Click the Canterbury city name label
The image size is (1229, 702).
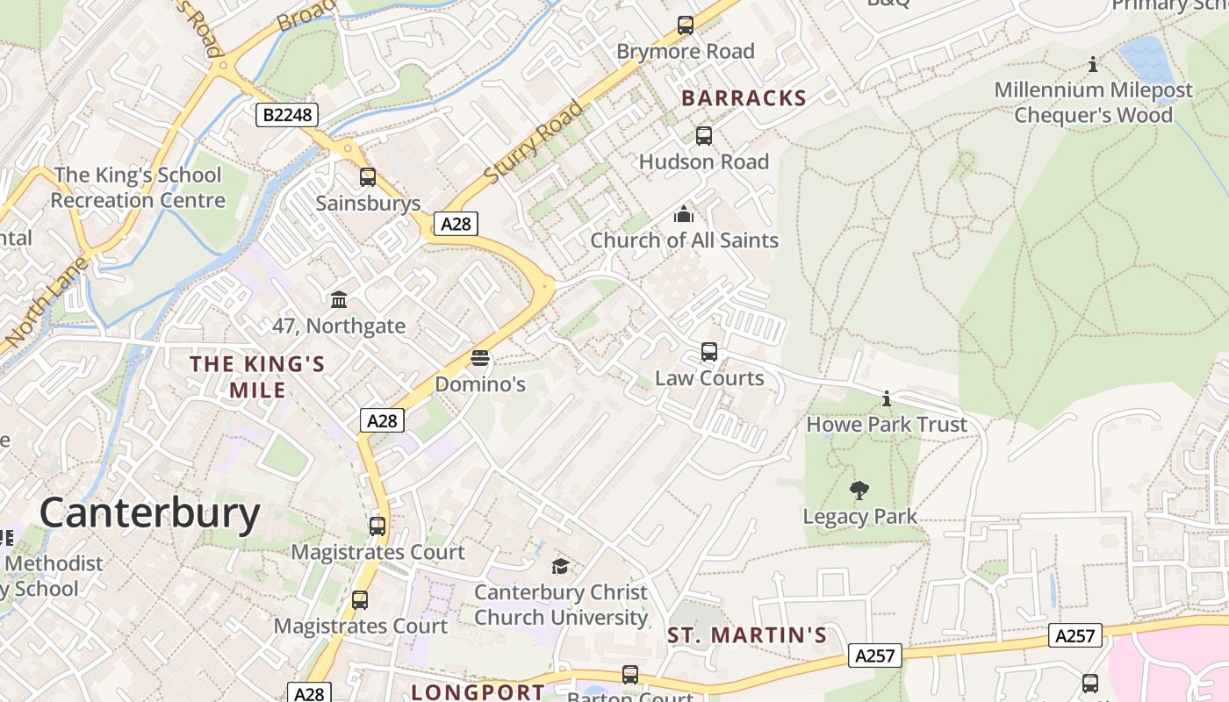tap(149, 513)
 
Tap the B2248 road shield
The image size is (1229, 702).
tap(287, 115)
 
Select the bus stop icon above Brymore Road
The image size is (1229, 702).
tap(686, 25)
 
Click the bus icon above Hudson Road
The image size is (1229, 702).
tap(704, 136)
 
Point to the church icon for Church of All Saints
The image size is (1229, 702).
tap(684, 214)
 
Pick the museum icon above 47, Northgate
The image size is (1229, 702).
tap(339, 300)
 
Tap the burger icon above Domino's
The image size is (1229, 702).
tap(479, 358)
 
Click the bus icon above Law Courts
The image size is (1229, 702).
tap(709, 352)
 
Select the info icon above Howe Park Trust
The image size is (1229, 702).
tap(887, 399)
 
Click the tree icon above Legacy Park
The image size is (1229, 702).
tap(859, 491)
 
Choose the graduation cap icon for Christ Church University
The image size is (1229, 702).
tap(560, 566)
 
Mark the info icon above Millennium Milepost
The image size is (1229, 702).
tap(1093, 64)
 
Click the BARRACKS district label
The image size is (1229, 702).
tap(744, 98)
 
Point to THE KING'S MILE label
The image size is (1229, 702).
tap(258, 376)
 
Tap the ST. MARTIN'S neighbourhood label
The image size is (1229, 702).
tap(747, 635)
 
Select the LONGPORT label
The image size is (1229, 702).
tap(478, 691)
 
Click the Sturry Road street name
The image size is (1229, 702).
tap(533, 143)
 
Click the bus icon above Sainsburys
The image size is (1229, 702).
tap(368, 177)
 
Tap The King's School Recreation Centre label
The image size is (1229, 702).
tap(138, 188)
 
